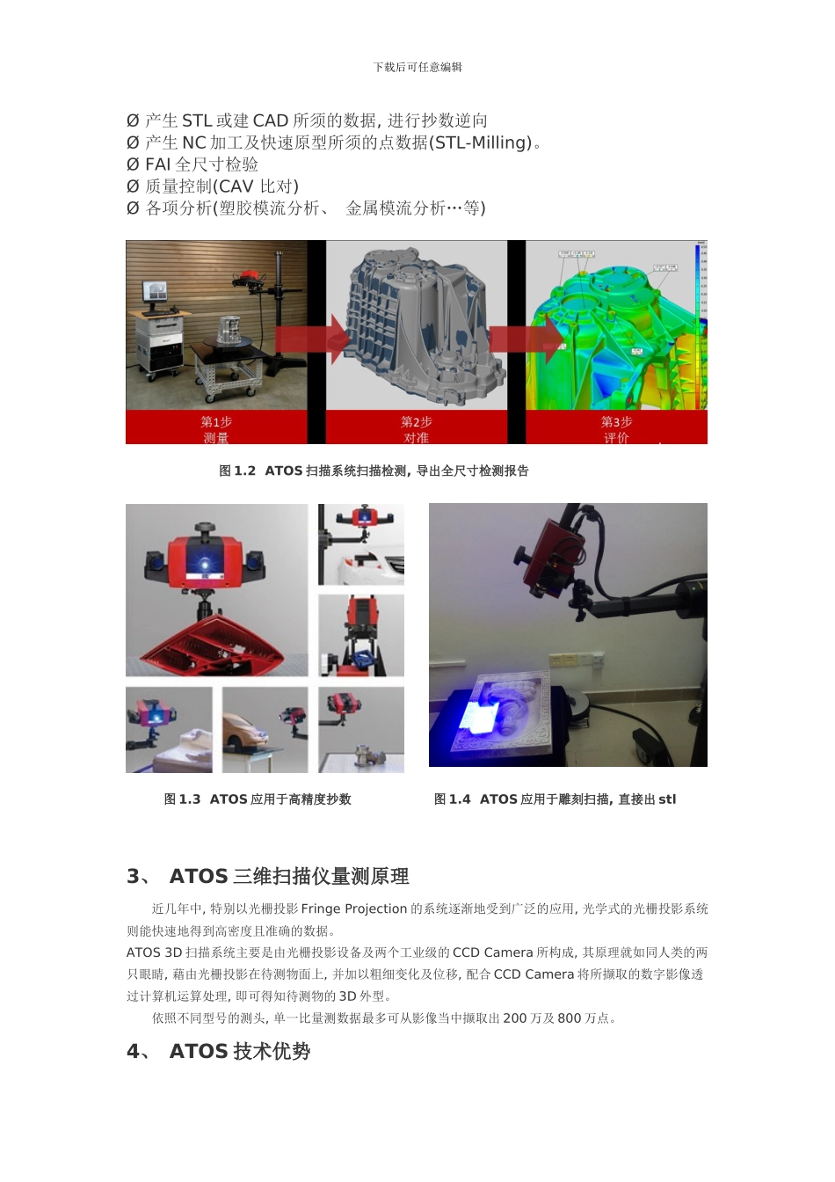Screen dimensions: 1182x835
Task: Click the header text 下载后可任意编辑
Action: (417, 67)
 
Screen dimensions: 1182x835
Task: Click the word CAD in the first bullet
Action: (271, 120)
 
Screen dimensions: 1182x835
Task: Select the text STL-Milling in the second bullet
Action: (482, 142)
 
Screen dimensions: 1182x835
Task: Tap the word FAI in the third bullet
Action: (158, 164)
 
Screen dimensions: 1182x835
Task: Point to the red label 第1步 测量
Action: (216, 429)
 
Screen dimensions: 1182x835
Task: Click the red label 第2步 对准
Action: (417, 429)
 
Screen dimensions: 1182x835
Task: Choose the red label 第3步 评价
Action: (616, 429)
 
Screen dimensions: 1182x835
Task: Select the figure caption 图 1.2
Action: (237, 471)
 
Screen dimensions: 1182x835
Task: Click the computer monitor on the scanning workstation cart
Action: (158, 290)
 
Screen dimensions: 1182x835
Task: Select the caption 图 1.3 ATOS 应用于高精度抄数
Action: (258, 799)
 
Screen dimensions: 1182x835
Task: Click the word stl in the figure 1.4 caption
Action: (667, 799)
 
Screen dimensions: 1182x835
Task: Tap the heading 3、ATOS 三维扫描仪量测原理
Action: (268, 876)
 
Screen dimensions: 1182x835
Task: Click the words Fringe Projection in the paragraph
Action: (354, 908)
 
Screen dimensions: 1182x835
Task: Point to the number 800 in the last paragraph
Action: (569, 1018)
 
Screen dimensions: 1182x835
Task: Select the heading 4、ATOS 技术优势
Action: (219, 1051)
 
